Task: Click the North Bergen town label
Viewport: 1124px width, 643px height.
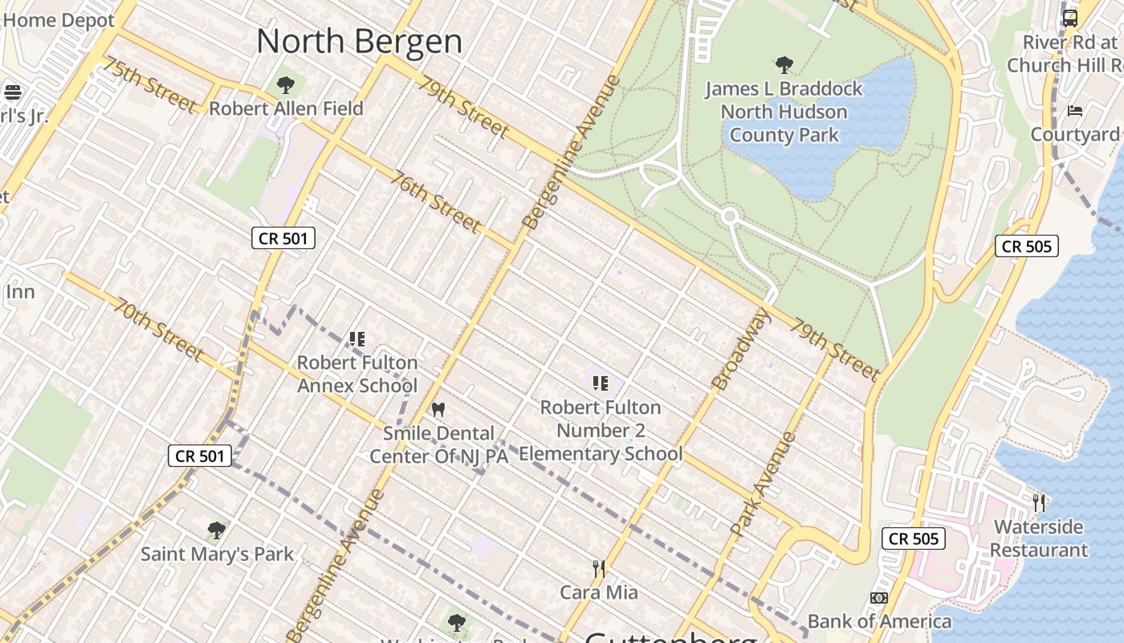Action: (x=359, y=42)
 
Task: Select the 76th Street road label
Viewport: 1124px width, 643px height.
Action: (x=436, y=201)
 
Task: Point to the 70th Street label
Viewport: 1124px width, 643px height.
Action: (x=158, y=330)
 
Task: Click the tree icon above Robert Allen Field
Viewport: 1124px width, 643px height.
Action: (x=286, y=84)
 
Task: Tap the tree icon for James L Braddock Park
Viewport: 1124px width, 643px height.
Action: (x=784, y=65)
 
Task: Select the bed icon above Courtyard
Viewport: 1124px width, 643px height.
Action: (x=1075, y=110)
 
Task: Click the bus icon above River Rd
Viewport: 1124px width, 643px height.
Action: (x=1070, y=18)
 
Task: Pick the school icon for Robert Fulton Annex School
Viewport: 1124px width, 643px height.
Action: (x=357, y=339)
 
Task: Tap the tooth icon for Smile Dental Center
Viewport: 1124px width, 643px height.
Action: (x=438, y=409)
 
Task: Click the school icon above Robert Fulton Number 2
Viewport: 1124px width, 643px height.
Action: (x=600, y=383)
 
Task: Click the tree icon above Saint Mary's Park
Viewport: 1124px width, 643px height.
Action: (x=216, y=530)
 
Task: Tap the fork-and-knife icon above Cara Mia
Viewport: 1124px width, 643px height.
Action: (x=598, y=569)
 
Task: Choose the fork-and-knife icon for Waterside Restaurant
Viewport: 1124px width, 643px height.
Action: (x=1039, y=503)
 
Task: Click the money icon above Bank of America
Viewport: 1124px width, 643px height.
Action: (x=879, y=598)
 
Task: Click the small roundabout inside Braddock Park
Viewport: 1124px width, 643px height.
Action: (x=729, y=216)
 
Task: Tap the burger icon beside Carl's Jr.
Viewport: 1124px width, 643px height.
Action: (x=12, y=92)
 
